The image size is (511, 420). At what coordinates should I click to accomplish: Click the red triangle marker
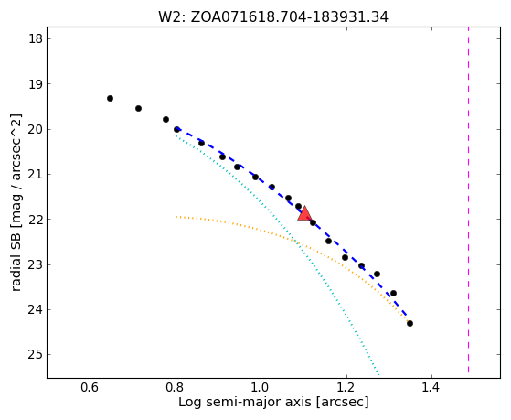(304, 214)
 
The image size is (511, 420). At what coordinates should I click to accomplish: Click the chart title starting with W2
(273, 17)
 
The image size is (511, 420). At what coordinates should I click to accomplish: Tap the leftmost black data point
(110, 98)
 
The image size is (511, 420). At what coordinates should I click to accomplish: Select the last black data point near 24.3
(410, 323)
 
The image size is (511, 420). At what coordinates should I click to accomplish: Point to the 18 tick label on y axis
(36, 39)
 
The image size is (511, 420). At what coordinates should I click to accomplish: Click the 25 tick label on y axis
(36, 354)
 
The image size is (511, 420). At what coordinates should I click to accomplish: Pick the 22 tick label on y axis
(36, 220)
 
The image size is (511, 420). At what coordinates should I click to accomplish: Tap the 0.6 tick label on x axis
(90, 387)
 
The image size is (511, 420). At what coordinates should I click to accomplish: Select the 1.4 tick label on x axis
(431, 387)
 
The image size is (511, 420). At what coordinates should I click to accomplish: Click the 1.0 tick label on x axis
(261, 387)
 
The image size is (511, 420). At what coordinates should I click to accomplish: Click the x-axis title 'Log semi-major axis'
(245, 403)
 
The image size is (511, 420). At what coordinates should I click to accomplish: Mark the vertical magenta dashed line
(468, 200)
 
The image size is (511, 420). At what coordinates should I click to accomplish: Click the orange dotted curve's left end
(176, 216)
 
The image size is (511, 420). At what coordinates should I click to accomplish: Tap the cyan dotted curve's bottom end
(378, 374)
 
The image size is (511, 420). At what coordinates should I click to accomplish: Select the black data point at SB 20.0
(176, 130)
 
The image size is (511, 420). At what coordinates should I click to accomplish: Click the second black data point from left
(139, 108)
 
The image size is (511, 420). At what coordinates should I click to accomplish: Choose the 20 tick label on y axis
(36, 130)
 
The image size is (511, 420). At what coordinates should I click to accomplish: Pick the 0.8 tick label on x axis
(176, 387)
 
